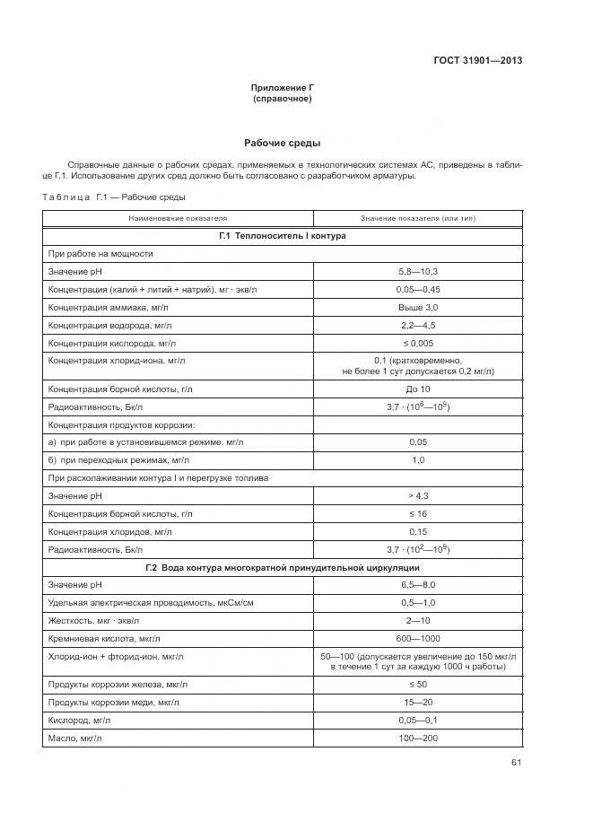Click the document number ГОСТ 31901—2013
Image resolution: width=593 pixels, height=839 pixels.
click(478, 61)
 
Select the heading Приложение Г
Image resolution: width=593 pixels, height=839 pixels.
click(283, 87)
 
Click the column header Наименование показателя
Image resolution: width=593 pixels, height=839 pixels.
click(178, 218)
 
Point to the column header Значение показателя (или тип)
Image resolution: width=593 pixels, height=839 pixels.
click(417, 218)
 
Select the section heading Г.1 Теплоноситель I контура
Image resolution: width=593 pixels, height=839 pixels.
click(283, 236)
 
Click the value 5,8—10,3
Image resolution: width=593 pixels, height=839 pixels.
click(417, 271)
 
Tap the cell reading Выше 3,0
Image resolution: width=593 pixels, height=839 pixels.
click(417, 307)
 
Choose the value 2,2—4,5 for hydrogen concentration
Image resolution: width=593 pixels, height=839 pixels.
click(417, 325)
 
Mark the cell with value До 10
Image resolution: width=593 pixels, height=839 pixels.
click(417, 389)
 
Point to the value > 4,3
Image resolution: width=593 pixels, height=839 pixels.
click(417, 496)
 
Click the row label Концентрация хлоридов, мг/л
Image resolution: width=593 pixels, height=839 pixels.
click(110, 532)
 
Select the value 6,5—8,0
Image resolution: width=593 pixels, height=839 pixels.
click(417, 585)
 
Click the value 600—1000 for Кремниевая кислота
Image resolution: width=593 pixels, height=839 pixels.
click(417, 639)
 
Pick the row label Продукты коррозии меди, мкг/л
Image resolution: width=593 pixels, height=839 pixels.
click(116, 703)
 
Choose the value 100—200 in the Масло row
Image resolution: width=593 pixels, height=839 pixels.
click(417, 738)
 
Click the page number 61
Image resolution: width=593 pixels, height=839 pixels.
click(516, 764)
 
